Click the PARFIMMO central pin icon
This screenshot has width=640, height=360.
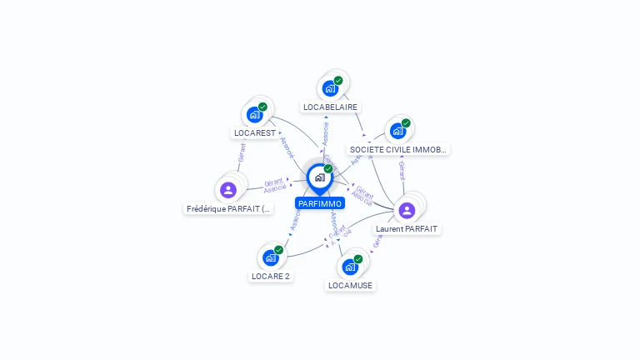click(x=319, y=177)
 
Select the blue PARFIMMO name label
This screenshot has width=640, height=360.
click(x=319, y=203)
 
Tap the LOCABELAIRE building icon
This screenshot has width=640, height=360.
click(x=331, y=88)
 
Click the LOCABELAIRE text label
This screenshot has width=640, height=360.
click(x=330, y=107)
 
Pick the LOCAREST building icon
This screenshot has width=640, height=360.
click(x=255, y=115)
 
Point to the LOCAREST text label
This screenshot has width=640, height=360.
click(x=255, y=132)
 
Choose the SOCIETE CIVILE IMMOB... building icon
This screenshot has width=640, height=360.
click(x=397, y=131)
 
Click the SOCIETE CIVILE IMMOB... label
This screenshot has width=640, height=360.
click(x=398, y=150)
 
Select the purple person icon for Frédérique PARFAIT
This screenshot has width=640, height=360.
click(x=228, y=190)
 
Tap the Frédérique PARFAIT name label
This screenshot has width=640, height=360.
click(x=228, y=209)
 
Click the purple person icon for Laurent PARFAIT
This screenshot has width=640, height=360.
click(x=407, y=210)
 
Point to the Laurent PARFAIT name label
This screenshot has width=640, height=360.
click(x=407, y=228)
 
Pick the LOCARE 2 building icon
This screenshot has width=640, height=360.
click(x=271, y=258)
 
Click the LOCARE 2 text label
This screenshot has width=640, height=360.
click(x=271, y=276)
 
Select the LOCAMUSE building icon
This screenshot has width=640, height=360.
click(x=350, y=267)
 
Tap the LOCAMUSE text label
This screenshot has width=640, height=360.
click(x=350, y=285)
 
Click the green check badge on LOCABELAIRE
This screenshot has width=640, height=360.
click(x=338, y=81)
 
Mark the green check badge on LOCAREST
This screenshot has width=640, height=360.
click(x=262, y=107)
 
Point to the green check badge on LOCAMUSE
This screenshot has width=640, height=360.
click(x=358, y=259)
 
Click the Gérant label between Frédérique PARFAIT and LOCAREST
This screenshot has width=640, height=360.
click(x=242, y=152)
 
